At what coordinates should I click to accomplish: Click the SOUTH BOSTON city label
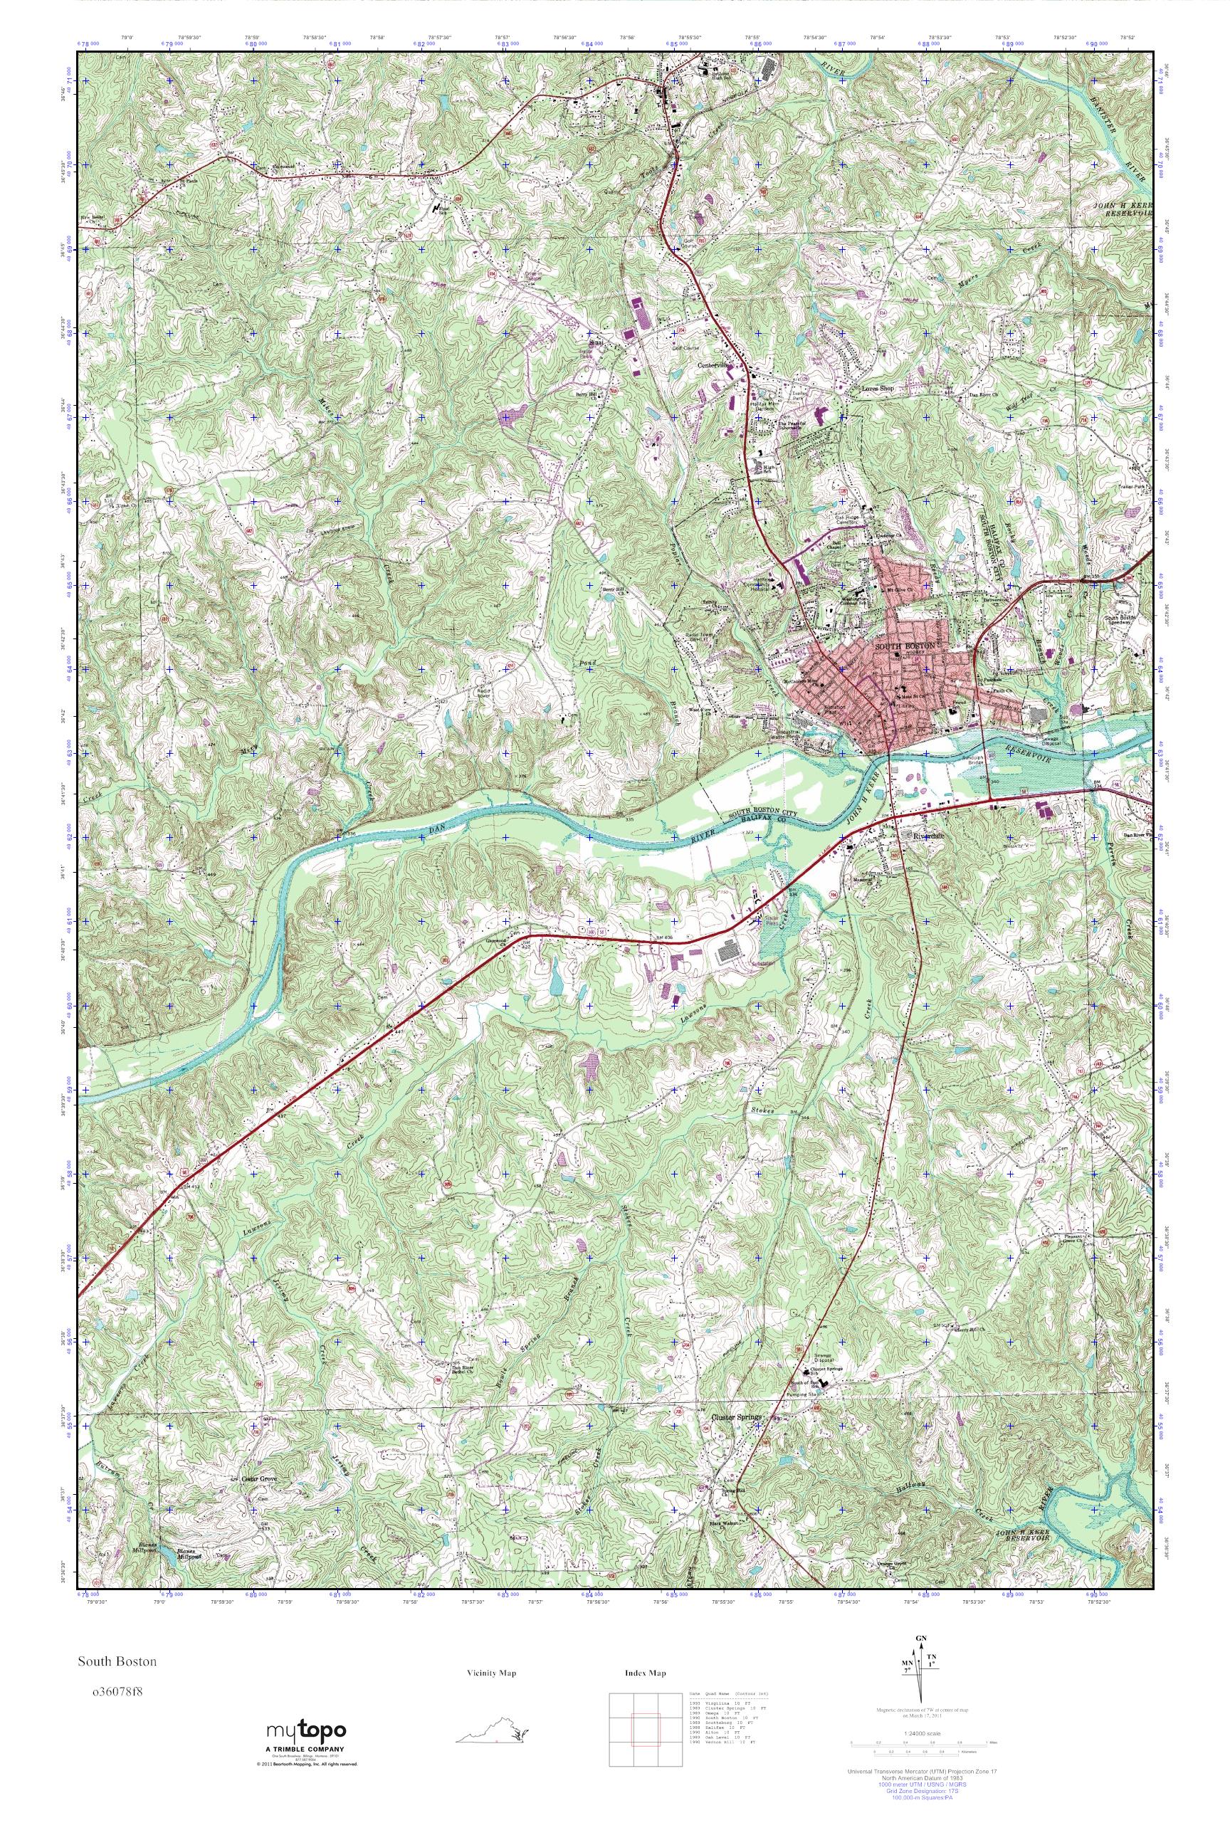pos(905,646)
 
